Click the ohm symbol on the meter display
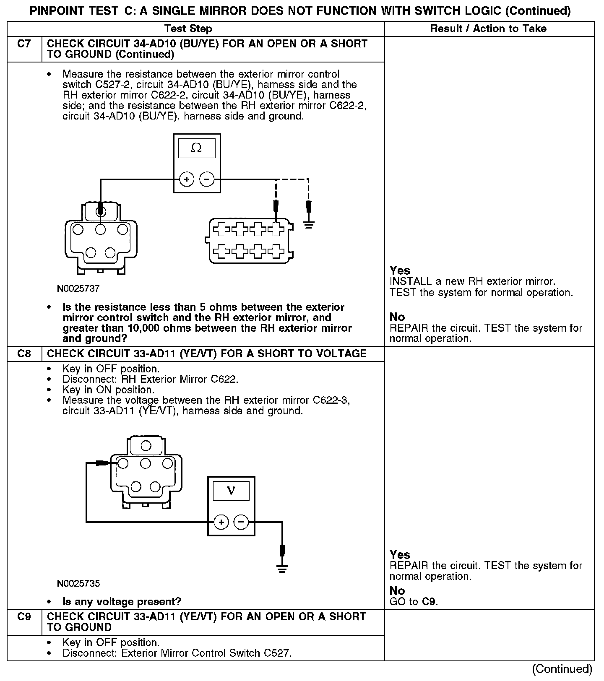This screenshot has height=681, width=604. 196,148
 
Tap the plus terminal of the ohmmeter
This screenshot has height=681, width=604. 186,179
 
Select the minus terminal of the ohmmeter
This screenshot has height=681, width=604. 206,179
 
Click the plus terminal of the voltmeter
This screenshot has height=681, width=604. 221,522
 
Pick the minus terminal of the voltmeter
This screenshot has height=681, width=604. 241,522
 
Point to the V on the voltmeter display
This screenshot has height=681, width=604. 231,491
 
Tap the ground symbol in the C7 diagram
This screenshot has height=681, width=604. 309,226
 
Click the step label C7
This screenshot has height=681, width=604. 24,44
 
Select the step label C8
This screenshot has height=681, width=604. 24,353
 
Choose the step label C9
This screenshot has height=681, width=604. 24,617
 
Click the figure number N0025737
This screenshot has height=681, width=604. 78,289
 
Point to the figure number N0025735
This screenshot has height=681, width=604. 78,583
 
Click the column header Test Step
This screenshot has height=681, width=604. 188,29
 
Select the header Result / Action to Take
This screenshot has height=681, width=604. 489,29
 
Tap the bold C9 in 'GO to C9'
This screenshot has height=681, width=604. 429,602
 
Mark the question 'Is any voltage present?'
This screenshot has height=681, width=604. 122,602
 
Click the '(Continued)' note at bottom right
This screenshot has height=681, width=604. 562,669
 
